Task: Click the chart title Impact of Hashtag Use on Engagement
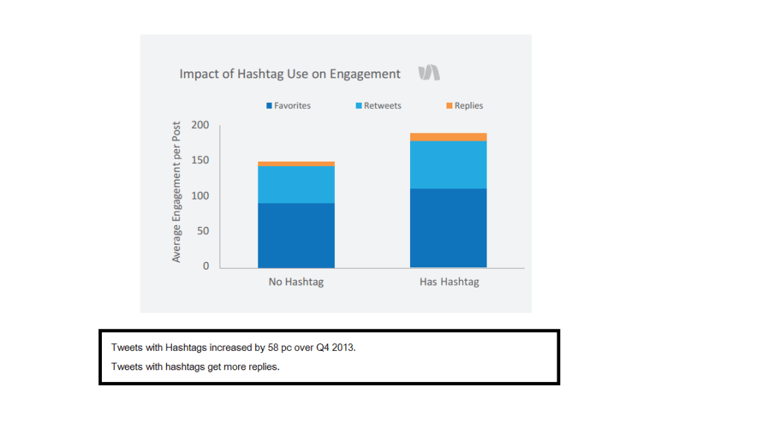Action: point(289,74)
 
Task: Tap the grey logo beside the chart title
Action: point(429,72)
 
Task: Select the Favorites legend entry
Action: point(289,106)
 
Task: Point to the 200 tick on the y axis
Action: point(200,124)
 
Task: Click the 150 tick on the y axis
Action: point(200,160)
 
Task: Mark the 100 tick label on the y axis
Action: point(200,195)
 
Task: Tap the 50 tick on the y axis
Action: point(202,231)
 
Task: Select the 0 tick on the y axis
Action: point(205,266)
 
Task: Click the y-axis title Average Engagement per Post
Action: point(176,191)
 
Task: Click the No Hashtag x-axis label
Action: point(296,282)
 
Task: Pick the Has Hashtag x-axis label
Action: point(448,282)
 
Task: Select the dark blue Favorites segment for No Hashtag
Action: point(296,235)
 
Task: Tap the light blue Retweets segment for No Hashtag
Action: point(296,185)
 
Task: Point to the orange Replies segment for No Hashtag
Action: point(296,164)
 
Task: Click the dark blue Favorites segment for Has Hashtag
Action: point(448,228)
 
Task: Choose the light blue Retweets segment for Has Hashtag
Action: point(448,165)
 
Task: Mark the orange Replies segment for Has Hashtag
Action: point(448,137)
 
